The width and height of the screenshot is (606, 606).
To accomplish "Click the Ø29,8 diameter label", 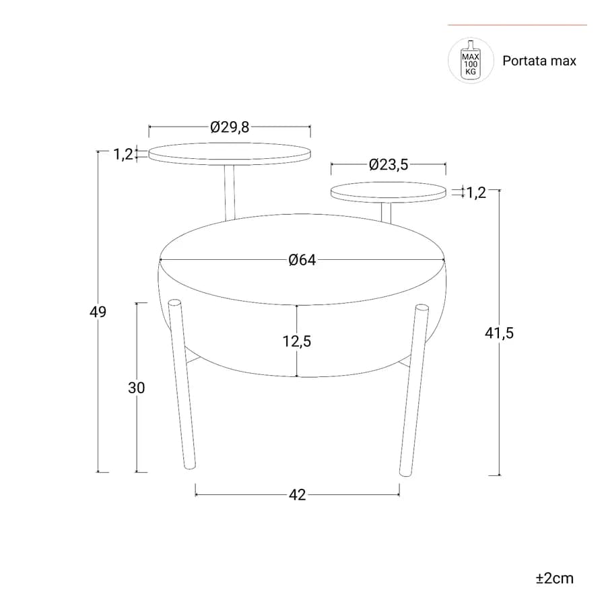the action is [230, 127].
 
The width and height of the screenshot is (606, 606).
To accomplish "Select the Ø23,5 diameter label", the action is [389, 165].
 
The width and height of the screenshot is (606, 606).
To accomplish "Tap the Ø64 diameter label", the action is [302, 260].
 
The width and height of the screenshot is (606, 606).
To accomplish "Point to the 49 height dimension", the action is [98, 312].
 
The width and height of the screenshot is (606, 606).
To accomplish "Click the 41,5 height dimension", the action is [500, 333].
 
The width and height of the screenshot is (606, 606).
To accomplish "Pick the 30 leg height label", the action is [137, 388].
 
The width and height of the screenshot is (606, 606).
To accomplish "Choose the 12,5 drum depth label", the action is [297, 341].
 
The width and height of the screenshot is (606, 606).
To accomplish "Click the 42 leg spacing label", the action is [297, 495].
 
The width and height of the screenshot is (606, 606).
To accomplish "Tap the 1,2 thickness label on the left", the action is [123, 154].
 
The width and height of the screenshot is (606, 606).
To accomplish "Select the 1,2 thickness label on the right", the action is [476, 193].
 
